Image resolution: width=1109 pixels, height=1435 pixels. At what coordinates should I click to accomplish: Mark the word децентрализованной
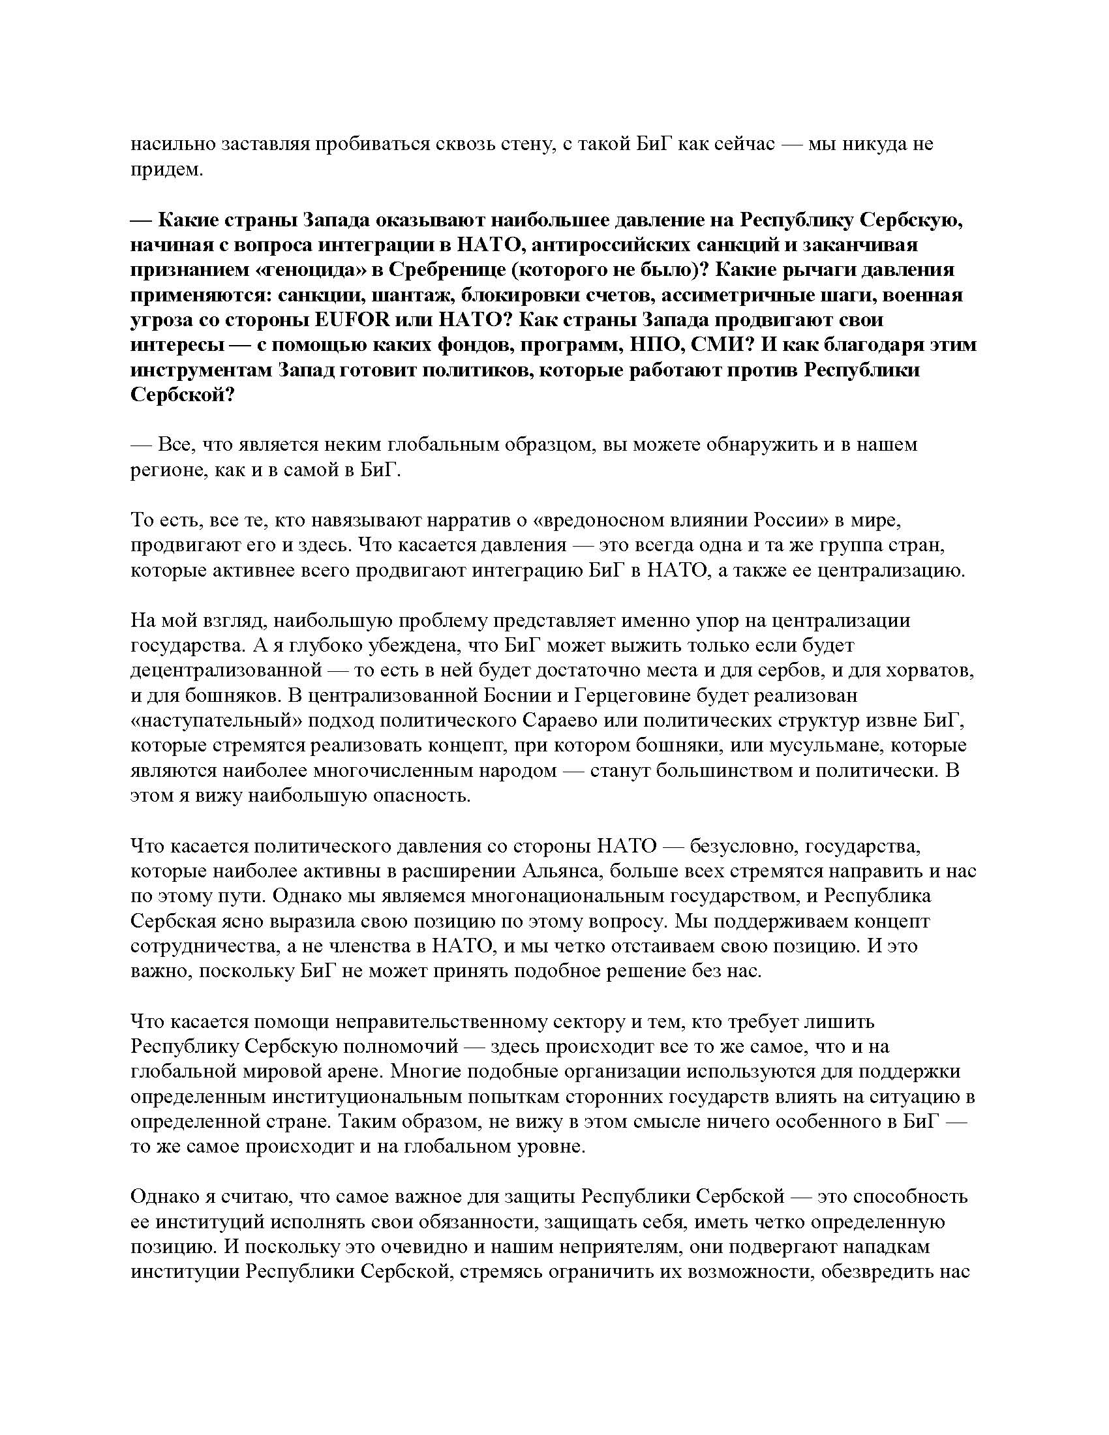(x=226, y=670)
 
